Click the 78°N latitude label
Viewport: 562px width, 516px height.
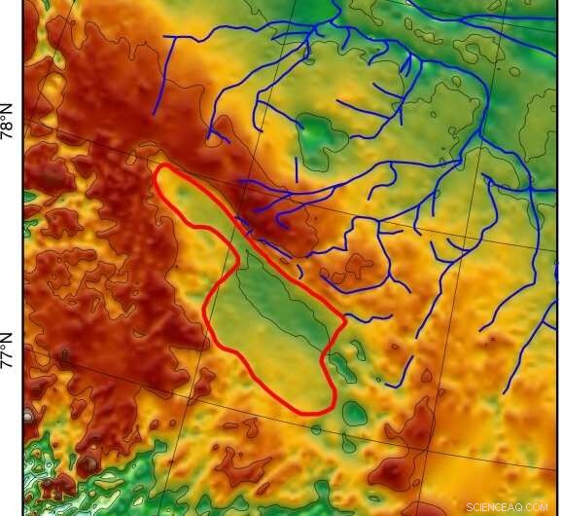tap(10, 126)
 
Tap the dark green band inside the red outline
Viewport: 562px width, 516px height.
tap(282, 292)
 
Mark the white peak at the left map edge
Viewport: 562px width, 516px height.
tap(29, 416)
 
